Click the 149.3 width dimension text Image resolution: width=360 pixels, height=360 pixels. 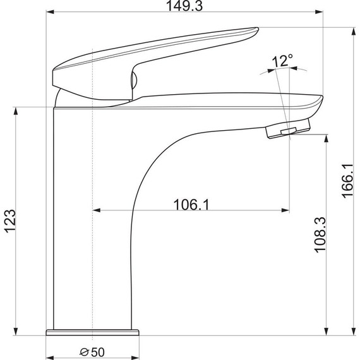(184, 6)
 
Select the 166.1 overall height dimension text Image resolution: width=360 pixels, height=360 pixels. (347, 181)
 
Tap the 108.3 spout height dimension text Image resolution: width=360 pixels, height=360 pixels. (320, 235)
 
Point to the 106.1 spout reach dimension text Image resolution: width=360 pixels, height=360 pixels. (191, 205)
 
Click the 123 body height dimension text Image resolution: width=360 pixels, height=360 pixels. (11, 221)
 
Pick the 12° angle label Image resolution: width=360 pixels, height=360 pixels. (282, 61)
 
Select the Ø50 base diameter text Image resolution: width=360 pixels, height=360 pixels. (92, 352)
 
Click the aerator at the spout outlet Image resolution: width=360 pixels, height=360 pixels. (288, 129)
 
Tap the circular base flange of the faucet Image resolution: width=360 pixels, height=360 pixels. (92, 333)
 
